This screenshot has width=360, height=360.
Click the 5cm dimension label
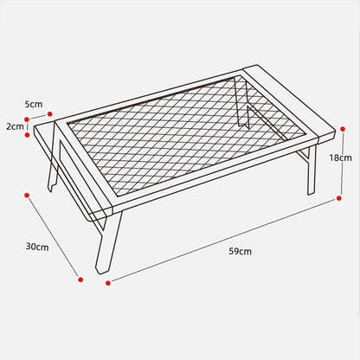[34, 104]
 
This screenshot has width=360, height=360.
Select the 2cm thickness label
[15, 126]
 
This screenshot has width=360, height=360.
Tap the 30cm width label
[37, 247]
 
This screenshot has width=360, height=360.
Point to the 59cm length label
[241, 251]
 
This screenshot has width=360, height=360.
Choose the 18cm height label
[341, 157]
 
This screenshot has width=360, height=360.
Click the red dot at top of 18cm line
[343, 129]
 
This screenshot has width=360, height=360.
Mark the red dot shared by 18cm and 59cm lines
[339, 198]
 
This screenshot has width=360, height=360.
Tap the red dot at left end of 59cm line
[108, 283]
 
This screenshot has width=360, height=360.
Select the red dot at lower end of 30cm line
[80, 280]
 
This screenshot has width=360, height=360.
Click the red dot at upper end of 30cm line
[27, 196]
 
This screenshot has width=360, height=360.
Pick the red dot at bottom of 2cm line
[28, 135]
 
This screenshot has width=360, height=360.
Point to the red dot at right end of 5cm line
[50, 114]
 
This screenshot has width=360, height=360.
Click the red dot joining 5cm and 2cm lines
[27, 119]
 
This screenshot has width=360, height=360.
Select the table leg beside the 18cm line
[312, 170]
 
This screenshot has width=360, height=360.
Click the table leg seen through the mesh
[243, 104]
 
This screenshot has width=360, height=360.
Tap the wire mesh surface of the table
[186, 136]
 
